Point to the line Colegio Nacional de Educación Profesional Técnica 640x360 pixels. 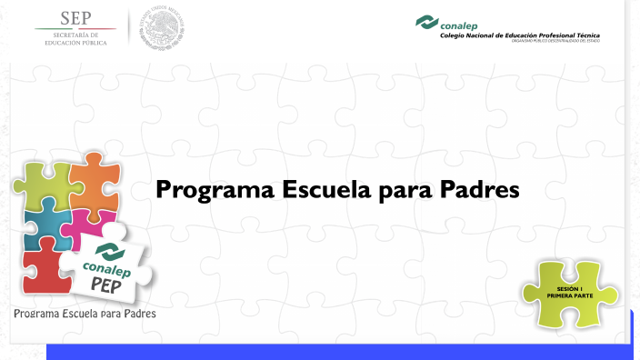(x=519, y=35)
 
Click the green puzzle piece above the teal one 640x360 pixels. (x=40, y=182)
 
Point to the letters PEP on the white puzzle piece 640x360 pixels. (x=114, y=284)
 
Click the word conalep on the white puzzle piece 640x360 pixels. (x=107, y=268)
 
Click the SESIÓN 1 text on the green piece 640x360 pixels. (x=569, y=288)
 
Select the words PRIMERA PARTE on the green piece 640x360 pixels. (x=569, y=295)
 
